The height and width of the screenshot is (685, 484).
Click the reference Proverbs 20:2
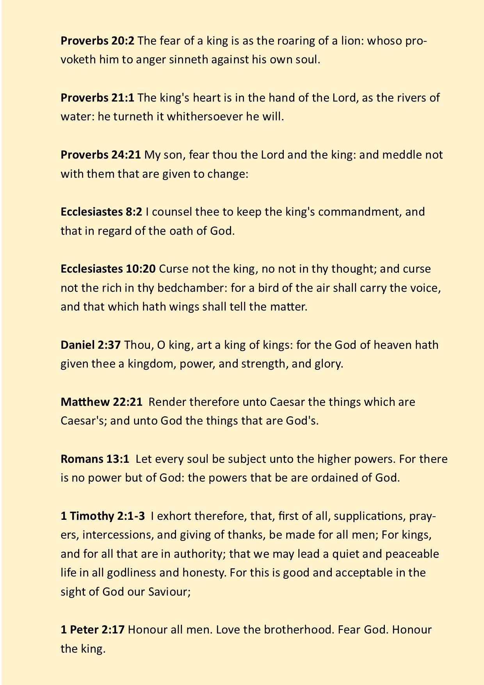click(x=97, y=41)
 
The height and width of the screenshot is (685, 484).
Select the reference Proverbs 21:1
click(x=97, y=98)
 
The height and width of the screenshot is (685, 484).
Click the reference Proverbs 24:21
click(x=101, y=155)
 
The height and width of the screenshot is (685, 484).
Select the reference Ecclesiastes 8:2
click(x=101, y=212)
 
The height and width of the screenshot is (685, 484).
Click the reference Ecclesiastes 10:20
click(x=108, y=269)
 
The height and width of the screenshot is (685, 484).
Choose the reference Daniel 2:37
click(x=91, y=345)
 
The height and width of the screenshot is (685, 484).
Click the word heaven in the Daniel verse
click(x=391, y=345)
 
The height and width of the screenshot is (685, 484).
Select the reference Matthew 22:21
click(x=101, y=402)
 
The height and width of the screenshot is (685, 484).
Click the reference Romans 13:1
click(x=95, y=459)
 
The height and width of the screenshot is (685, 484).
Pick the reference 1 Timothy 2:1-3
click(x=103, y=516)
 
